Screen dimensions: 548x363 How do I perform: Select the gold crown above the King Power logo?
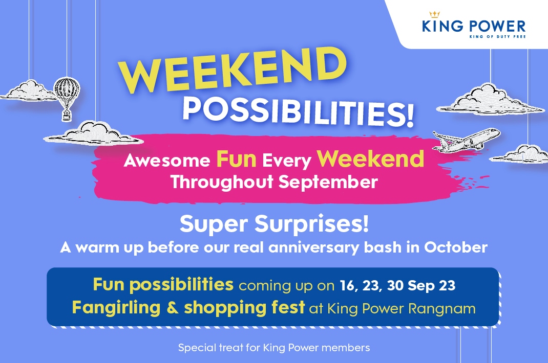tap(434, 14)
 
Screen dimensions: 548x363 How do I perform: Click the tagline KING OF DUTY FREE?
tap(498, 36)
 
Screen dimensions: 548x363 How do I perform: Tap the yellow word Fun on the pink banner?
tap(236, 159)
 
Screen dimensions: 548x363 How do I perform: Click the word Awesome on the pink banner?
tap(167, 161)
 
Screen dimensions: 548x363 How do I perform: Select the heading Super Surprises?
tap(274, 223)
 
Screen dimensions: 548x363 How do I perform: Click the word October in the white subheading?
tap(456, 247)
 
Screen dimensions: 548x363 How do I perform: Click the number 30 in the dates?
tap(395, 285)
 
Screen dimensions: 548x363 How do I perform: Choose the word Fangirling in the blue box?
tap(116, 308)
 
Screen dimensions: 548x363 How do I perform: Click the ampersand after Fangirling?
tap(172, 308)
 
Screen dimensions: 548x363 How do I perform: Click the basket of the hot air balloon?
tap(67, 116)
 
